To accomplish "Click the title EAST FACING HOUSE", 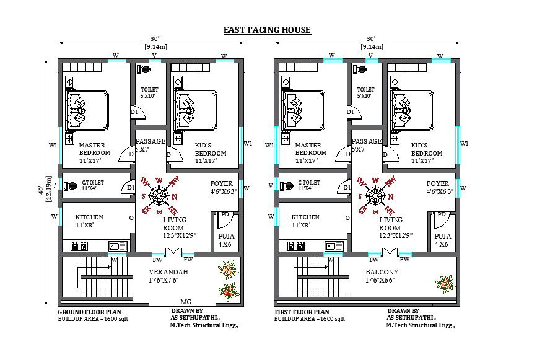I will click(267, 30).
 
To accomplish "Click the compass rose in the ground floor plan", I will click(159, 195).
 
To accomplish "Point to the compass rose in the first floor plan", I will click(375, 195).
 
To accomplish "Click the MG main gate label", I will click(185, 302).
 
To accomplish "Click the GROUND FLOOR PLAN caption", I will click(89, 312).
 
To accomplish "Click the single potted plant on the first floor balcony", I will click(445, 284).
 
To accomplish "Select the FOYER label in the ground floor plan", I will click(221, 183).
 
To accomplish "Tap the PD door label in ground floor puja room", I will click(225, 214).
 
